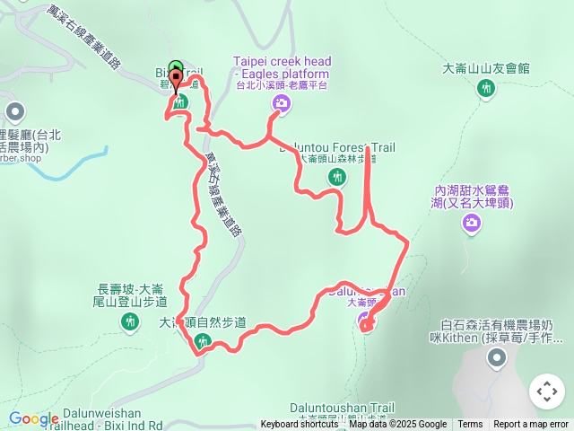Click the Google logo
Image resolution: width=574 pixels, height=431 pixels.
[33, 418]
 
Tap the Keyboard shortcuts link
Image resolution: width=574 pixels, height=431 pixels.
[300, 425]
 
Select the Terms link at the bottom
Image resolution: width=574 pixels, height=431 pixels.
[470, 425]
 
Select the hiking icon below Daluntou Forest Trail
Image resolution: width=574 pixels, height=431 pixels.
[337, 177]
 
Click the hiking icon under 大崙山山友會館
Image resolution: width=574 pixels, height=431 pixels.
[486, 88]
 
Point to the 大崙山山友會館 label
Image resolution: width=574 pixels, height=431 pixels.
[486, 68]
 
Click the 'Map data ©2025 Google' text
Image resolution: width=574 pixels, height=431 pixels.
[397, 425]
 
